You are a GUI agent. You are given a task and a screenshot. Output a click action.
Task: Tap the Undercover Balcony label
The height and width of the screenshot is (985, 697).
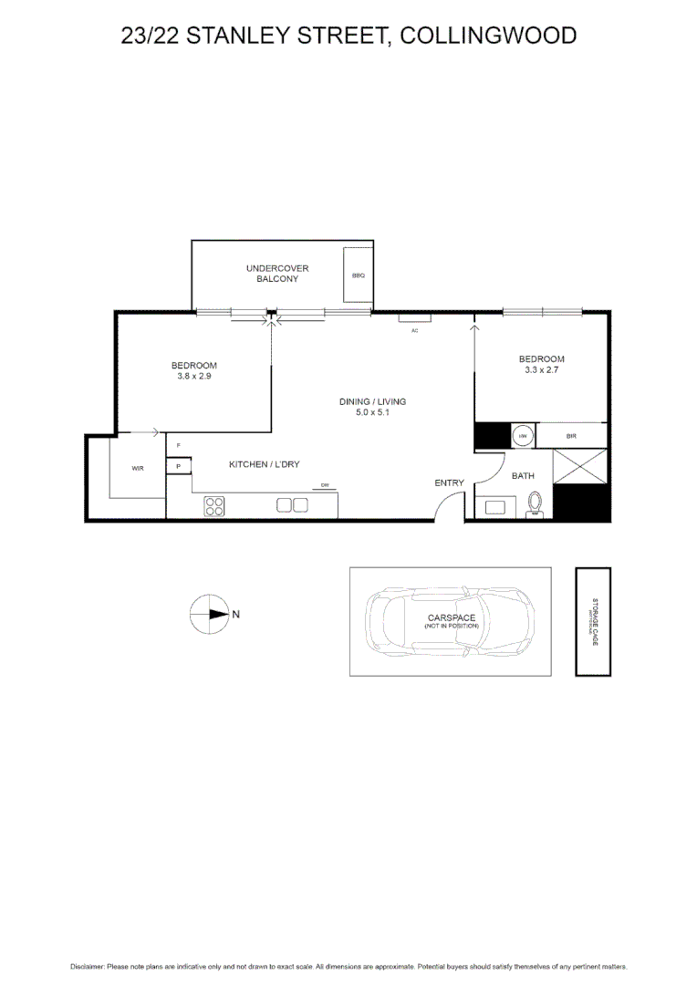(277, 274)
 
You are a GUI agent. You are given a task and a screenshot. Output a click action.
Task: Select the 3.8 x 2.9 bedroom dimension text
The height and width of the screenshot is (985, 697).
(193, 375)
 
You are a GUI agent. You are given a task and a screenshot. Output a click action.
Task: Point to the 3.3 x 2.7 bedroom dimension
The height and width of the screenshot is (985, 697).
(541, 369)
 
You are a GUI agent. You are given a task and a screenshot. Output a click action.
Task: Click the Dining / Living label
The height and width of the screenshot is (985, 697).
(372, 401)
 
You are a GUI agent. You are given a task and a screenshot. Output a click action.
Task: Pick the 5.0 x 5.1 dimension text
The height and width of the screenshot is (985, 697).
(372, 412)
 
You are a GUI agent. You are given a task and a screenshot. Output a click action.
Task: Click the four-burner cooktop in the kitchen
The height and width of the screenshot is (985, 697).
(215, 506)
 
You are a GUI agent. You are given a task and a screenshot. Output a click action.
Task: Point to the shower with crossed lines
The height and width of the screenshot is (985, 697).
(580, 466)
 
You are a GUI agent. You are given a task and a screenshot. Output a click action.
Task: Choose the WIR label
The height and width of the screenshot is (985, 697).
(138, 468)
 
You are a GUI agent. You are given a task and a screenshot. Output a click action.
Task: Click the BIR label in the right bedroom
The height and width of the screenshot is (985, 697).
(571, 437)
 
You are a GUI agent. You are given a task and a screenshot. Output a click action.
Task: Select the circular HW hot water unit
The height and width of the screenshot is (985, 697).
(524, 437)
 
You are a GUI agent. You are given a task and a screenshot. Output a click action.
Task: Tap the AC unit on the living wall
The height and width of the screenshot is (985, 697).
(414, 318)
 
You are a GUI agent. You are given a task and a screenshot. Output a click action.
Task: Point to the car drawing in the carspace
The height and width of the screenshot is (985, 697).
(451, 622)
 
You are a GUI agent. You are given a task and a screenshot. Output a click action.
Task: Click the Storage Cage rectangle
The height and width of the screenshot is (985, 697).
(592, 622)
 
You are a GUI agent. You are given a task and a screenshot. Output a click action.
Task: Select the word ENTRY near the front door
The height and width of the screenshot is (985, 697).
(449, 483)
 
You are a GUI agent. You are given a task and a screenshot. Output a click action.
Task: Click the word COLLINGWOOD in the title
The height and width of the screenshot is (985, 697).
(488, 36)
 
